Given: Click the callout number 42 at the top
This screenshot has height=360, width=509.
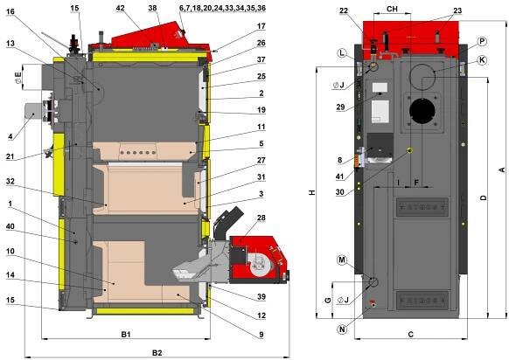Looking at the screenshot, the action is (120, 9).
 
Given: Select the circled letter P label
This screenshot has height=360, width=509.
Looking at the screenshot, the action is (483, 42).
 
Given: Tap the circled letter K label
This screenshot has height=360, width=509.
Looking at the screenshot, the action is (483, 60).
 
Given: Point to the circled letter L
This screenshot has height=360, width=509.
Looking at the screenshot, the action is (342, 53).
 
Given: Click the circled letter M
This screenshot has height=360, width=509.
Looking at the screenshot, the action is (342, 260).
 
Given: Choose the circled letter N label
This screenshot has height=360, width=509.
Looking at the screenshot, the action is (342, 329).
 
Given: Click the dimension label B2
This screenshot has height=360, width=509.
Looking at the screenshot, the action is (157, 352).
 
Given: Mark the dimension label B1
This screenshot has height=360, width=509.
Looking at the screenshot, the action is (126, 334).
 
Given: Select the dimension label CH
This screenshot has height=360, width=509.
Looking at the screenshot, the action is (392, 9).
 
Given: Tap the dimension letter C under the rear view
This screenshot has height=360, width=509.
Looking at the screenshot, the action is (411, 334).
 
